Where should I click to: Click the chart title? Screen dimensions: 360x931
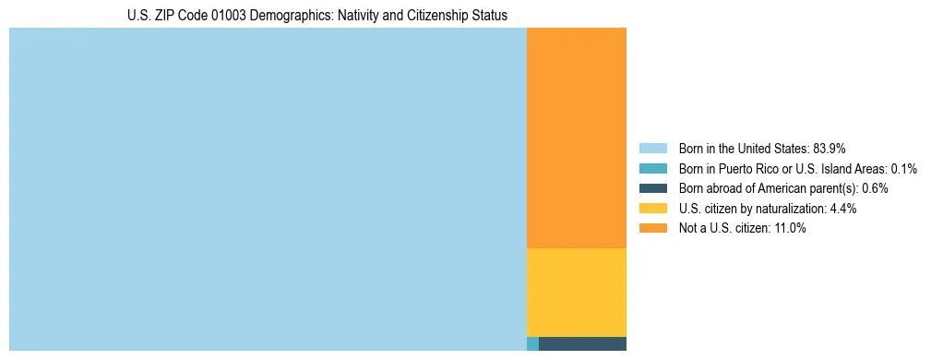click(x=316, y=16)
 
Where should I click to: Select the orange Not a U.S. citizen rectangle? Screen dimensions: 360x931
click(x=576, y=138)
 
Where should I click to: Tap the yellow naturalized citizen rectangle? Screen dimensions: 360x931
click(x=576, y=292)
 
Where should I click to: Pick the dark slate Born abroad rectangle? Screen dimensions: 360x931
click(x=582, y=343)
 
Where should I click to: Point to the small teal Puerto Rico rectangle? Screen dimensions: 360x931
click(x=532, y=343)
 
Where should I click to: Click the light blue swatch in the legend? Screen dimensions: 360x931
click(x=652, y=148)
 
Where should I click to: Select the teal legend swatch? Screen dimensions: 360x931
click(x=652, y=168)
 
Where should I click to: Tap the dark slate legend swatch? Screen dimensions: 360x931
click(x=652, y=188)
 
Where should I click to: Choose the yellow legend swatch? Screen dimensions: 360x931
click(x=652, y=209)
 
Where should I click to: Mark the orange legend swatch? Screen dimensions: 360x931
click(x=652, y=229)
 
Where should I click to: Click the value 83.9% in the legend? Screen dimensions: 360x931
click(x=830, y=148)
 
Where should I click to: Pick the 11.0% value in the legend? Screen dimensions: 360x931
click(x=790, y=229)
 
